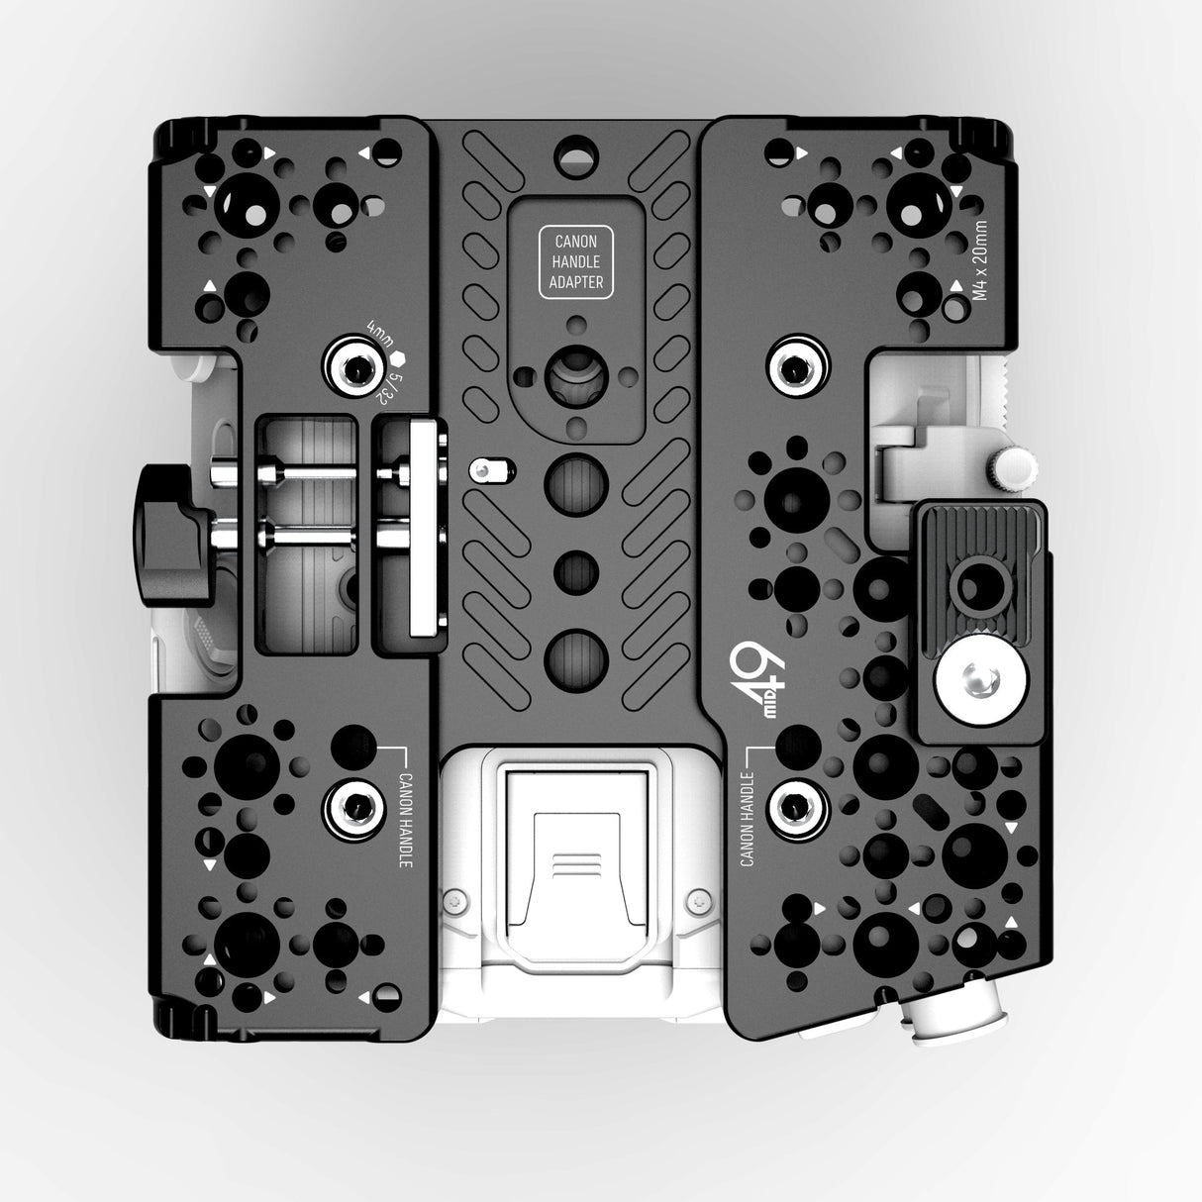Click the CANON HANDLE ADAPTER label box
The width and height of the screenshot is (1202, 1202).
pos(577,262)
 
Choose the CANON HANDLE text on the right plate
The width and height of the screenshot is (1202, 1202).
pos(749,807)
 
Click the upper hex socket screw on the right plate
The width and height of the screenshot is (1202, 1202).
pos(797,368)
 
